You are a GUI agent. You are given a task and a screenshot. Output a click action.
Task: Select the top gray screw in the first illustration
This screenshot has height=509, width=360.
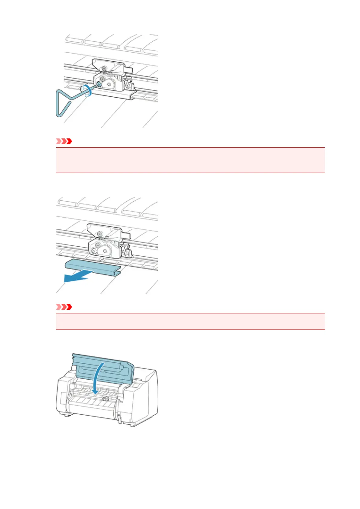click(104, 68)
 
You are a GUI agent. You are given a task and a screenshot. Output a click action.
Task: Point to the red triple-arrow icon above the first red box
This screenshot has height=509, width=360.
click(64, 141)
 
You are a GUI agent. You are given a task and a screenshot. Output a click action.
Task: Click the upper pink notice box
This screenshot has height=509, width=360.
click(190, 160)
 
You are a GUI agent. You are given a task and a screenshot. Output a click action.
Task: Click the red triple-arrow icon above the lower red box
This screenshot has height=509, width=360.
click(64, 307)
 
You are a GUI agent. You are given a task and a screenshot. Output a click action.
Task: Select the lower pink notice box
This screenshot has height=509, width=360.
click(190, 321)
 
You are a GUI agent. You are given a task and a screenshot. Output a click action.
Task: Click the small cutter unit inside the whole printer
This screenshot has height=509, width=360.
click(105, 399)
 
